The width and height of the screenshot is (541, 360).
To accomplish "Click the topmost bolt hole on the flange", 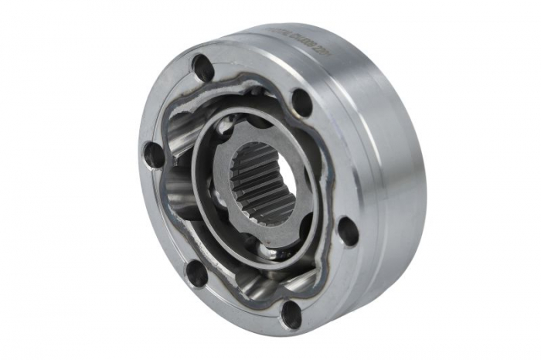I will (x=204, y=68).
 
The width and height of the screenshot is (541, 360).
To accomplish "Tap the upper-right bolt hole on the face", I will (x=301, y=101).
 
